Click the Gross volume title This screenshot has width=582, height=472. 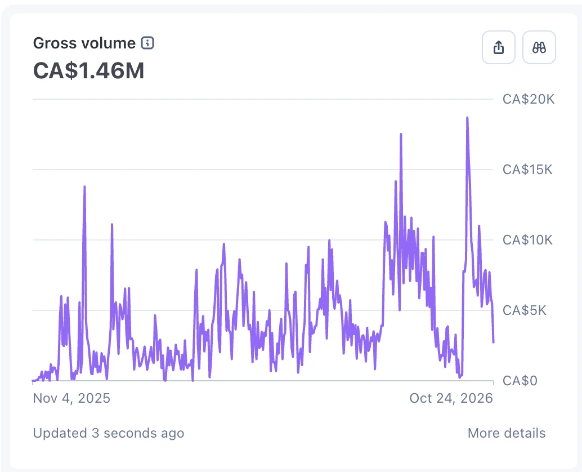84,43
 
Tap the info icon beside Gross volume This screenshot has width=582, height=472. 147,43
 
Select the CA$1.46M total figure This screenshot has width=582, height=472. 89,70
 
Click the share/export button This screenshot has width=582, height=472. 499,47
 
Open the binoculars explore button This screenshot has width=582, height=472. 539,47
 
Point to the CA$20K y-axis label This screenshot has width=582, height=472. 529,99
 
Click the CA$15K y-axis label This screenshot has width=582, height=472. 527,170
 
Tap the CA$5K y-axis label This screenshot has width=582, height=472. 525,310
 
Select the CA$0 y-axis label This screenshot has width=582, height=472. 520,381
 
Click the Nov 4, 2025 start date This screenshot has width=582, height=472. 71,398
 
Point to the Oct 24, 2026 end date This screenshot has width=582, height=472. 451,398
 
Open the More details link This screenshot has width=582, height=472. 507,433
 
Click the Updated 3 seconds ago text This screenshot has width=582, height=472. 109,433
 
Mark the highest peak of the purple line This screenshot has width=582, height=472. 467,118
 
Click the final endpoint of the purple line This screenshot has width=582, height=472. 493,342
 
